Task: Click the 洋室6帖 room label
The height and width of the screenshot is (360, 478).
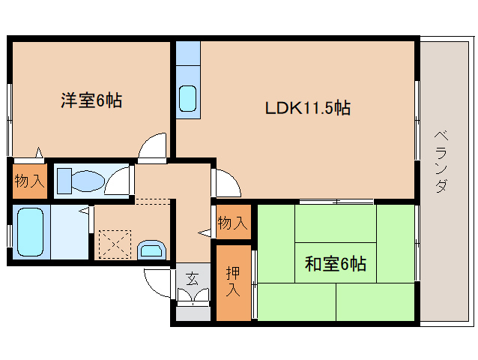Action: click(91, 100)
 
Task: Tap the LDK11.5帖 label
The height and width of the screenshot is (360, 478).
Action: click(308, 108)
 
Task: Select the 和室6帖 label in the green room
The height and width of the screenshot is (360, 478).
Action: click(335, 264)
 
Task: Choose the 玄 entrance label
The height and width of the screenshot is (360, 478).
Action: click(193, 280)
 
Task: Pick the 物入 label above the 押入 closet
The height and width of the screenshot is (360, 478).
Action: click(232, 223)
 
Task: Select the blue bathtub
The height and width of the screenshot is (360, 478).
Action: click(31, 231)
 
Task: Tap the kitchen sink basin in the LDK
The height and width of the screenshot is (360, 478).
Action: click(187, 98)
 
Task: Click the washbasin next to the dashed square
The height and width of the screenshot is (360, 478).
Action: click(153, 249)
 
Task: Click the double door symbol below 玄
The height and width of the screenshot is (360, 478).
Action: click(193, 297)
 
